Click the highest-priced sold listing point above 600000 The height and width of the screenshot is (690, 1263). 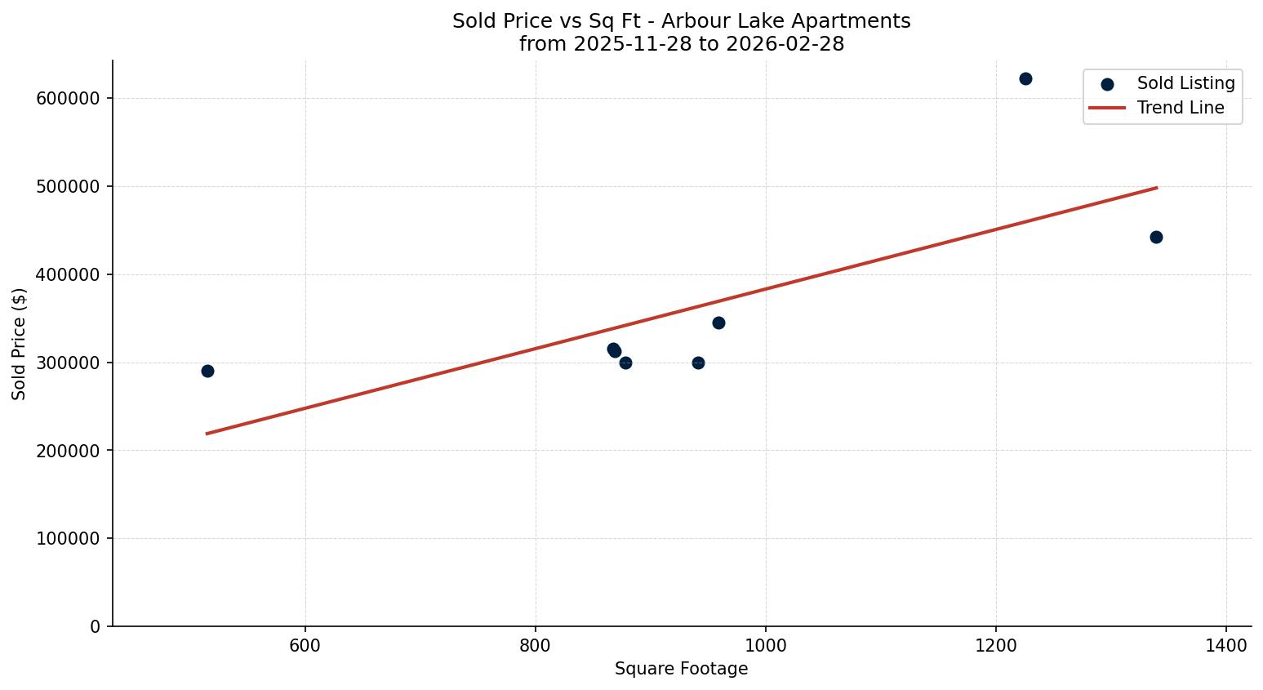[1025, 79]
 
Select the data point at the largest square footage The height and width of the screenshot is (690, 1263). [1156, 238]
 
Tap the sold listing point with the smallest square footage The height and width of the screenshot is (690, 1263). [207, 372]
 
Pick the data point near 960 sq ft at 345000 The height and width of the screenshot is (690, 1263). [718, 323]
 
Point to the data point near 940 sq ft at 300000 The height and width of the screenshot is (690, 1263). [698, 363]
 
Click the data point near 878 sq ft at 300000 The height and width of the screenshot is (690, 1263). [625, 363]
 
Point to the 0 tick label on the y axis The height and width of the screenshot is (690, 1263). [96, 627]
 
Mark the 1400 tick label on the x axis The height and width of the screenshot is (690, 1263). [1225, 646]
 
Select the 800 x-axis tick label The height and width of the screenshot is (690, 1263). [536, 646]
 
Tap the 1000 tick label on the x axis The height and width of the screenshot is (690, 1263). [765, 646]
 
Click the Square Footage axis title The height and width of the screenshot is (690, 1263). [681, 670]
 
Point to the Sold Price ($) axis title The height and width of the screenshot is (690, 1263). [20, 344]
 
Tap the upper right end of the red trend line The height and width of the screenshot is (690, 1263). [1156, 188]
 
